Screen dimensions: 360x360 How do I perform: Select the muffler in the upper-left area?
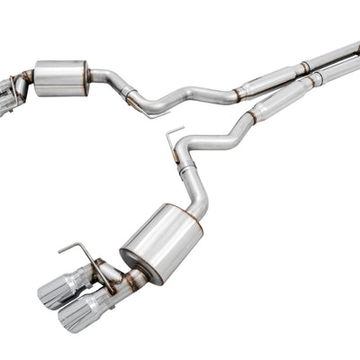point(60,77)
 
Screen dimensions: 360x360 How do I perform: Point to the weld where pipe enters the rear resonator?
point(238,92)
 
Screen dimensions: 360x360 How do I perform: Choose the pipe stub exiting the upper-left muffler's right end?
point(97,73)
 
